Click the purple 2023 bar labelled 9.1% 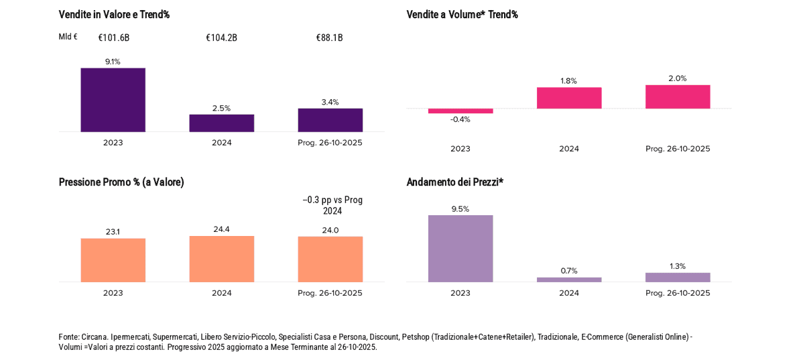(x=113, y=100)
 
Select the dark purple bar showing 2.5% (x=221, y=123)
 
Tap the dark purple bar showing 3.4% (x=330, y=120)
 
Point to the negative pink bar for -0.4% (x=460, y=111)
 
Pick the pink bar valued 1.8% (x=569, y=98)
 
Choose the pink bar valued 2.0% (x=678, y=97)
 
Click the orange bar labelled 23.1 (x=113, y=260)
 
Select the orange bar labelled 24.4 (x=221, y=259)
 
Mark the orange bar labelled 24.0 (x=330, y=259)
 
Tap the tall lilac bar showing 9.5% (x=460, y=249)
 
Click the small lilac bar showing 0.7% (x=569, y=280)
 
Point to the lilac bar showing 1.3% (x=678, y=278)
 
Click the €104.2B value (x=221, y=38)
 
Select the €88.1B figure (x=329, y=38)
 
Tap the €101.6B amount (x=113, y=38)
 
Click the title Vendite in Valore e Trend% (x=114, y=14)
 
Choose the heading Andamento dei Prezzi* (x=454, y=182)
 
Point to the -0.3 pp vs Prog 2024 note (x=332, y=205)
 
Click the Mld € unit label (x=68, y=37)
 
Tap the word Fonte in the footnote (x=68, y=337)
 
